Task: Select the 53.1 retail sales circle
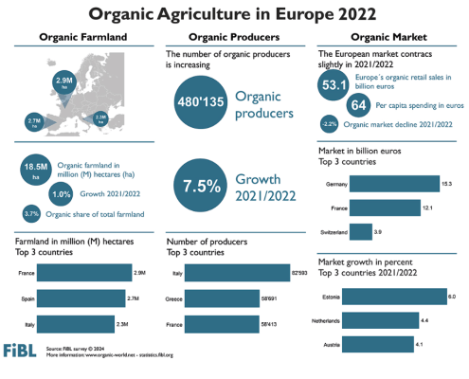[x=333, y=87]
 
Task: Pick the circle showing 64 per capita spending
[x=360, y=105]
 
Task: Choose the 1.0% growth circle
[x=60, y=194]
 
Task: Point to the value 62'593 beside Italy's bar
[x=300, y=274]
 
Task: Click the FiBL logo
[x=22, y=350]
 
